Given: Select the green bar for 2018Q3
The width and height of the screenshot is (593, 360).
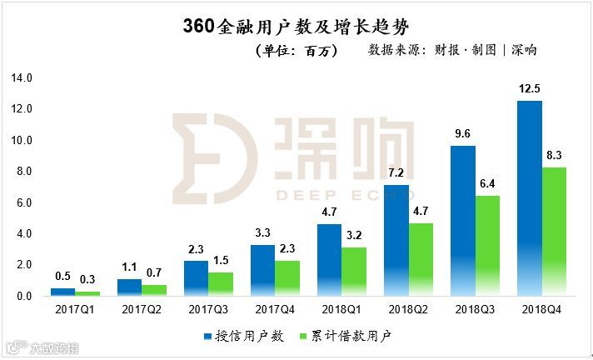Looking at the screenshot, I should (487, 246).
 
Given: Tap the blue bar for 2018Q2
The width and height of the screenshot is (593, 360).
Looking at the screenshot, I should (396, 241).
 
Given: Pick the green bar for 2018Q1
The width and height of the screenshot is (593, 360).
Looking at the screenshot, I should (354, 272).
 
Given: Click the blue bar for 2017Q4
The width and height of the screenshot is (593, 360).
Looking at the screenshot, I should (263, 271).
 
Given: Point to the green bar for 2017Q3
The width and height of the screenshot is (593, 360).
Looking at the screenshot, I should (221, 284).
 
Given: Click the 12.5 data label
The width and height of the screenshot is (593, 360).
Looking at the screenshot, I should (530, 89).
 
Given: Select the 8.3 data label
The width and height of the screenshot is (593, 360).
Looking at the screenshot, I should (556, 155).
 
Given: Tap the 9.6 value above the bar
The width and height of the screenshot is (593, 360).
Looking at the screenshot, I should (463, 134).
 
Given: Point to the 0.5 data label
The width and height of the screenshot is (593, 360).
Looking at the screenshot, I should (62, 277).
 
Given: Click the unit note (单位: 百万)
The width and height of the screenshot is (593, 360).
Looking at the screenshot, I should (296, 51).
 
